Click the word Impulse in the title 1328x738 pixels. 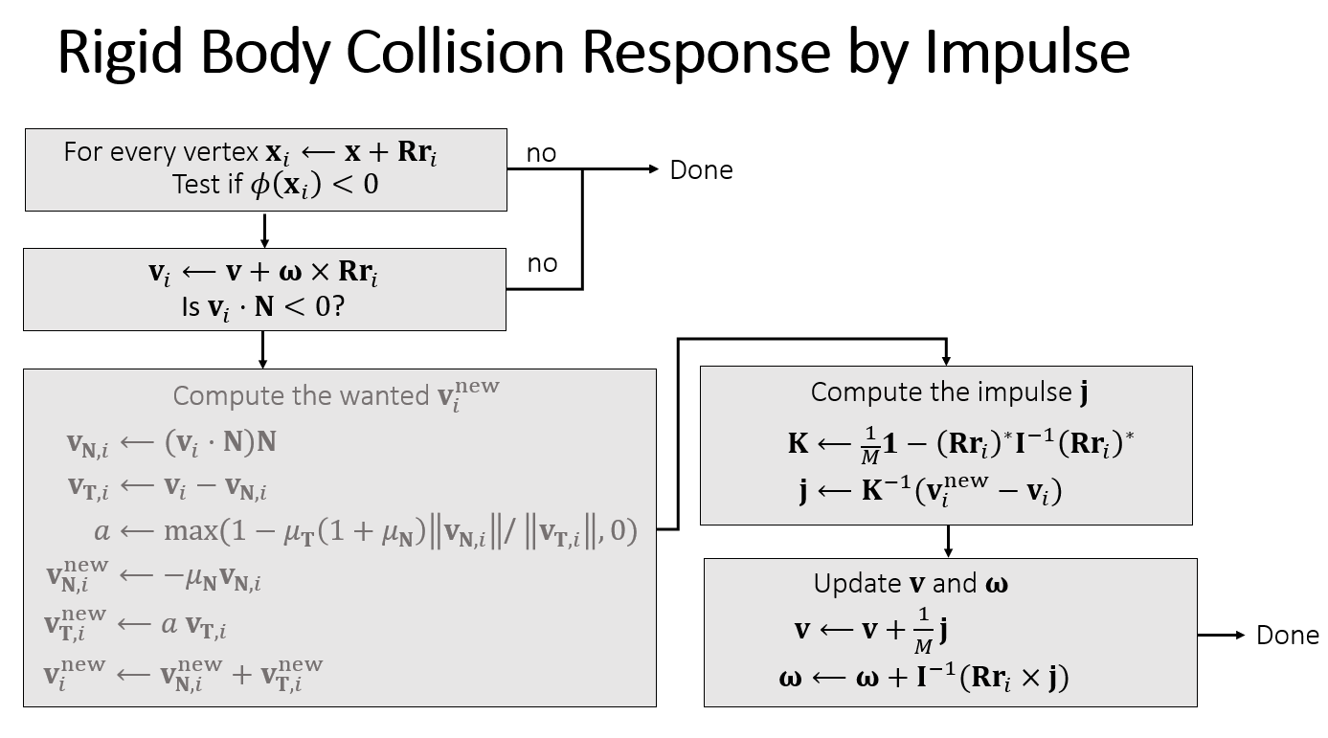pyautogui.click(x=1026, y=53)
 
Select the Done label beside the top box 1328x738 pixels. pyautogui.click(x=701, y=170)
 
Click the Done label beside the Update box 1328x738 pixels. pyautogui.click(x=1287, y=636)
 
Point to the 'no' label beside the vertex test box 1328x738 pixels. pyautogui.click(x=541, y=153)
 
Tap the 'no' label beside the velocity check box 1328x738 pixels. pyautogui.click(x=542, y=263)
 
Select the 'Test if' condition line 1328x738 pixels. pyautogui.click(x=276, y=184)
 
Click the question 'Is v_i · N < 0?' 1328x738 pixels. pyautogui.click(x=263, y=308)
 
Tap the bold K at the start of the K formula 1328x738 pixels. pyautogui.click(x=799, y=442)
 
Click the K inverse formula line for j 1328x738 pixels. pyautogui.click(x=931, y=491)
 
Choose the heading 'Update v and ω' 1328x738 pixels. pyautogui.click(x=911, y=584)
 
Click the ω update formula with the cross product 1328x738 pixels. pyautogui.click(x=924, y=678)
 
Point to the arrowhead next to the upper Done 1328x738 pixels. pyautogui.click(x=654, y=169)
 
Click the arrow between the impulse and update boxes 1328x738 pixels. pyautogui.click(x=948, y=542)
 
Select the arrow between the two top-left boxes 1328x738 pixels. pyautogui.click(x=264, y=230)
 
